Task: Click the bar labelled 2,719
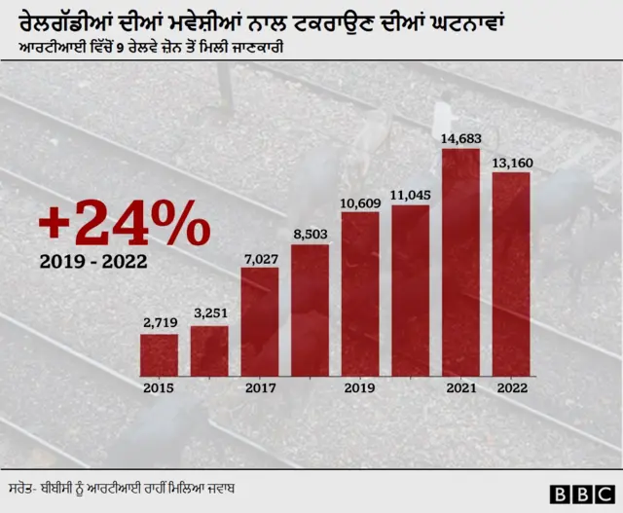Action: click(159, 354)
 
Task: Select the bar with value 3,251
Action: click(209, 350)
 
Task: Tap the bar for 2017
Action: click(260, 321)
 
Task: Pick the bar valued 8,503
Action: click(310, 310)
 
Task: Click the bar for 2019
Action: click(360, 293)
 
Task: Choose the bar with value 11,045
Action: click(410, 290)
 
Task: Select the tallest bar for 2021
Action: click(460, 262)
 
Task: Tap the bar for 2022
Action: click(511, 274)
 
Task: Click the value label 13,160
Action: click(512, 163)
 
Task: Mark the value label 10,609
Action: click(360, 202)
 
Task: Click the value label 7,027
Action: click(260, 258)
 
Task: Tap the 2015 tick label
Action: click(159, 387)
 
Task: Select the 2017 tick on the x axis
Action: click(260, 387)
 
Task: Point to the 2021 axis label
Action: click(460, 387)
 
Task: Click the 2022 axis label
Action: click(511, 387)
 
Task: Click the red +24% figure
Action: click(124, 225)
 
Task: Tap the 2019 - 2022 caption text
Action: click(95, 262)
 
